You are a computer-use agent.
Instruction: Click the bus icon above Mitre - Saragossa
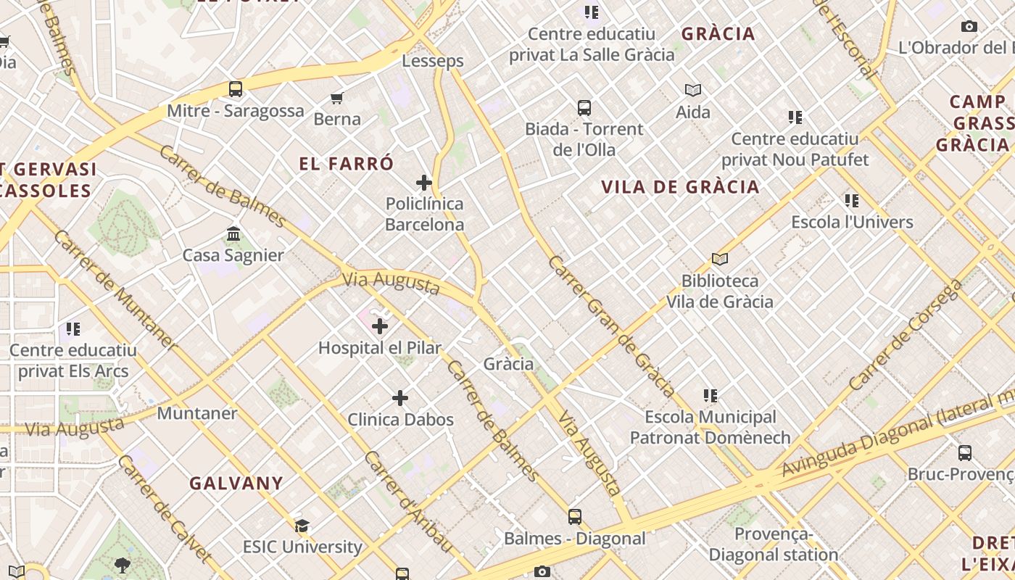click(x=236, y=89)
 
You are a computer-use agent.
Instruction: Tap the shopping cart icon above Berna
click(x=336, y=98)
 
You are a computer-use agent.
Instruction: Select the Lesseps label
click(x=433, y=61)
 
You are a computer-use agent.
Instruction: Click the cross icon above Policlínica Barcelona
click(x=424, y=183)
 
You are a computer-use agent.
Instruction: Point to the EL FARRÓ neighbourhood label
click(x=347, y=164)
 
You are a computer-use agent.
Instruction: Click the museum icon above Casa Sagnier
click(x=233, y=234)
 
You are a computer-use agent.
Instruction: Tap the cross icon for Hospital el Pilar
click(x=380, y=326)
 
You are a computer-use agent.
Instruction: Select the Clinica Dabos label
click(x=400, y=419)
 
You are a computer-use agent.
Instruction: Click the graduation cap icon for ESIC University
click(x=302, y=526)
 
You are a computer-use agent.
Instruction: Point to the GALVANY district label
click(x=236, y=483)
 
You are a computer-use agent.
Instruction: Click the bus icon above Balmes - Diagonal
click(x=574, y=517)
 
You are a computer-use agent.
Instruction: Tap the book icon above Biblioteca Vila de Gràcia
click(x=719, y=259)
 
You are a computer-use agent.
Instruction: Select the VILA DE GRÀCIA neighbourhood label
click(x=680, y=187)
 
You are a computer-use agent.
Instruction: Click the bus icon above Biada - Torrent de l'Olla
click(x=584, y=108)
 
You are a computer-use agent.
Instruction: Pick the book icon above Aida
click(x=693, y=91)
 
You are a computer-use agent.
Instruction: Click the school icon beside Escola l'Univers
click(x=852, y=201)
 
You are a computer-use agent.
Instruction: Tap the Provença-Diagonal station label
click(x=773, y=544)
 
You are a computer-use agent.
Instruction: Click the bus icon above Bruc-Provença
click(x=964, y=453)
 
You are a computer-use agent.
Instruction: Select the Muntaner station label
click(x=197, y=413)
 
